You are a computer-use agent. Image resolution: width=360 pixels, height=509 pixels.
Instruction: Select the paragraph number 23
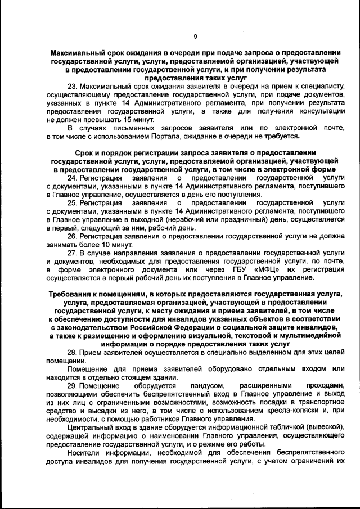point(71,87)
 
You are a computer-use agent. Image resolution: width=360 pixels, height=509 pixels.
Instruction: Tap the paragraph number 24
point(71,177)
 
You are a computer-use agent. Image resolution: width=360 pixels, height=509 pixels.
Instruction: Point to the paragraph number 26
point(71,236)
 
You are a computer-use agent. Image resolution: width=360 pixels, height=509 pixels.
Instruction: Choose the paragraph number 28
point(71,352)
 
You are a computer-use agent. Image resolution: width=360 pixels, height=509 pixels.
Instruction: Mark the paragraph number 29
point(71,386)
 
